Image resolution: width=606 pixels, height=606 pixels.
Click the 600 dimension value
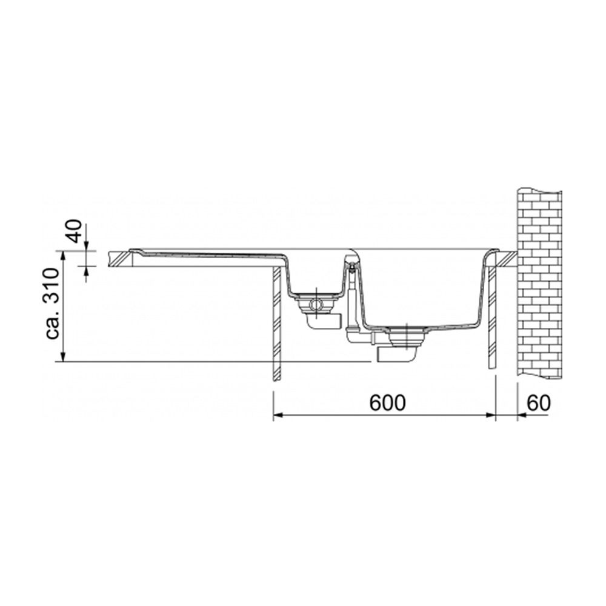click(x=387, y=403)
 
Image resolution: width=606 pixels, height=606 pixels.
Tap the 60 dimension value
click(x=538, y=403)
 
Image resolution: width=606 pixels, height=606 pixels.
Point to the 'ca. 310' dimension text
click(x=52, y=304)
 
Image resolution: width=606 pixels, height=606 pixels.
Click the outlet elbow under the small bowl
click(x=323, y=321)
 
